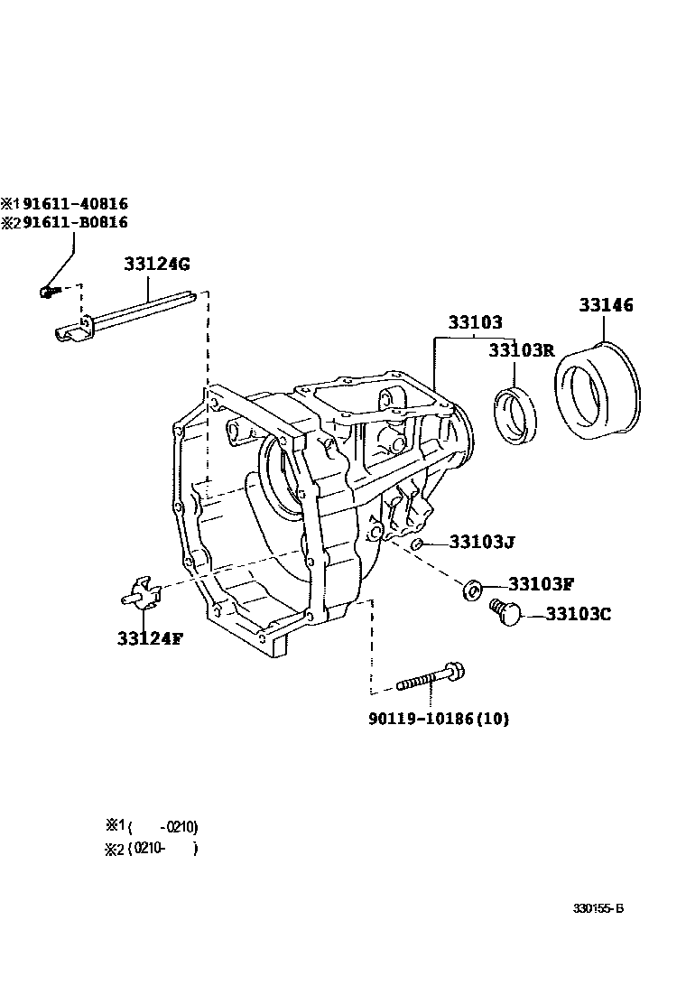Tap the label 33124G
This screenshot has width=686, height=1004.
(x=157, y=265)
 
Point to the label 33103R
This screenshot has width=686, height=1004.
(x=521, y=350)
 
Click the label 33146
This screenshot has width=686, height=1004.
(x=606, y=305)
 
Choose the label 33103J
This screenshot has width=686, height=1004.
(x=481, y=543)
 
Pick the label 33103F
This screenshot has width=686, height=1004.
(x=541, y=584)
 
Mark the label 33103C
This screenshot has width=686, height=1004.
(x=579, y=614)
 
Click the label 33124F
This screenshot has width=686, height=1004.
(x=149, y=638)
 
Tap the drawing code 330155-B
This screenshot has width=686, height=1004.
(x=598, y=908)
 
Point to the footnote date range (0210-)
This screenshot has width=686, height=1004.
(x=162, y=849)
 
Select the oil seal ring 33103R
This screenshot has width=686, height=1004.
(x=515, y=414)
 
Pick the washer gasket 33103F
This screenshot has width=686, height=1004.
(x=472, y=590)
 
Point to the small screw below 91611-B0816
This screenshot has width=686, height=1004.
(x=48, y=291)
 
